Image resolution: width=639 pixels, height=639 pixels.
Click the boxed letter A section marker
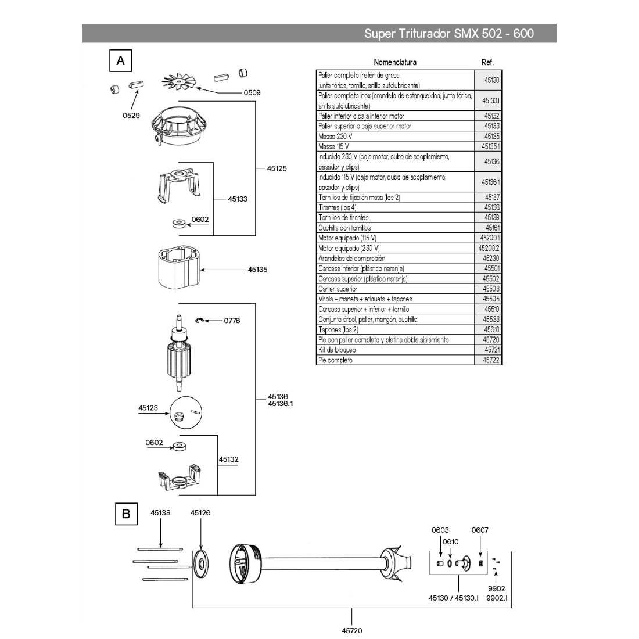click(x=121, y=60)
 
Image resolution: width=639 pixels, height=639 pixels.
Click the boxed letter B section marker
click(x=125, y=514)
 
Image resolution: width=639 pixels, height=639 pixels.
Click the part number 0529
click(x=131, y=116)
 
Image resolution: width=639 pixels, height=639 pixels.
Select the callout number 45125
click(x=277, y=168)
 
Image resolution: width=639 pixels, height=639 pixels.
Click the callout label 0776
click(x=232, y=321)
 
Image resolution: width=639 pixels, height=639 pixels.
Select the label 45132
click(x=228, y=459)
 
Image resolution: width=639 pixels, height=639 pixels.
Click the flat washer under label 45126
click(x=201, y=562)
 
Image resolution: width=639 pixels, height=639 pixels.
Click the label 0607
click(x=480, y=530)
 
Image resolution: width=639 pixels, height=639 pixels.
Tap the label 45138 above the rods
click(x=160, y=513)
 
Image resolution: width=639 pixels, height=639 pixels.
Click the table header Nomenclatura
click(x=395, y=62)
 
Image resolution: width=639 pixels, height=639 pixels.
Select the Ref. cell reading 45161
click(x=492, y=228)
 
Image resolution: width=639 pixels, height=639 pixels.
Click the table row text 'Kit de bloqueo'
click(x=338, y=350)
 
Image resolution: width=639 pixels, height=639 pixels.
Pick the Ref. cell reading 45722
click(x=491, y=360)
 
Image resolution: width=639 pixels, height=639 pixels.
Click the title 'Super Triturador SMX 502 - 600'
click(x=448, y=34)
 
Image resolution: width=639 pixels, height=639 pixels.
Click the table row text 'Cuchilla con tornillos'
click(x=344, y=228)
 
